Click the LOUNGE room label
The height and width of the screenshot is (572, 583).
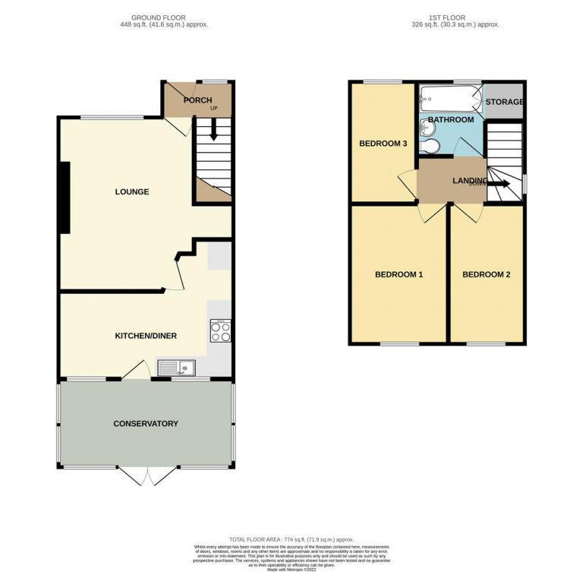131,191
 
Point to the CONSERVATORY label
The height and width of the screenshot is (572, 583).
145,423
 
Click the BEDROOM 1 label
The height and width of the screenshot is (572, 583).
399,274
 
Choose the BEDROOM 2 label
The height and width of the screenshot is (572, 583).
486,274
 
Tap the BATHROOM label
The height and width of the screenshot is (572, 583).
450,120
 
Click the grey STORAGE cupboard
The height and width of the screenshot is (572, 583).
504,102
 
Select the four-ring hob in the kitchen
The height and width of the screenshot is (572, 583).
220,330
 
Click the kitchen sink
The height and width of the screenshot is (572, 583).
176,368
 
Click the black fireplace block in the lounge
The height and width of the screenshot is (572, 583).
66,198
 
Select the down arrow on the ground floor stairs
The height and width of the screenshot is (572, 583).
213,130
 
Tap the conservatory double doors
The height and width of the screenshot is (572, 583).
147,476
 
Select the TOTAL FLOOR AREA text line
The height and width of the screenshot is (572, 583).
291,539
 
